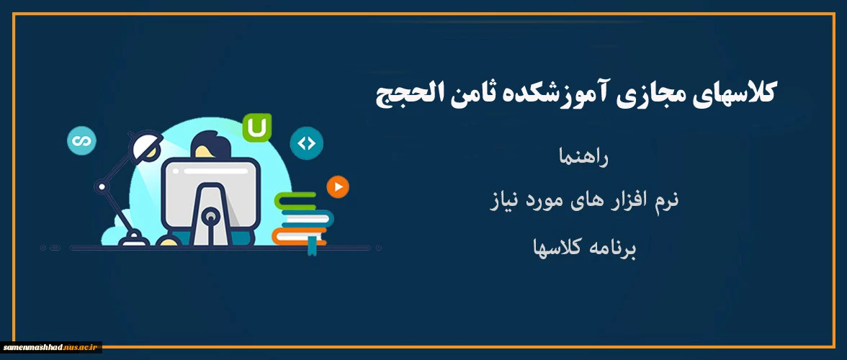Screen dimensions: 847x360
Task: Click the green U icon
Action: click(x=256, y=128)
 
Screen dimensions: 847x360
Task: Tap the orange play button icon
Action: click(x=339, y=187)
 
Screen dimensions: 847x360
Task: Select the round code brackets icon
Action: click(x=306, y=143)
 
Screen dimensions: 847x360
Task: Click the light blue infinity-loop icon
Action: click(x=81, y=140)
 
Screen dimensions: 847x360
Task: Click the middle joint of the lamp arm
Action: click(x=101, y=186)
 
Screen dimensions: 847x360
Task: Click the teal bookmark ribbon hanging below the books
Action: click(x=313, y=247)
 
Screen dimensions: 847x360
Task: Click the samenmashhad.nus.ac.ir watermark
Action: click(x=50, y=348)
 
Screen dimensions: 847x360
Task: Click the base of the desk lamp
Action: click(x=133, y=239)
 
